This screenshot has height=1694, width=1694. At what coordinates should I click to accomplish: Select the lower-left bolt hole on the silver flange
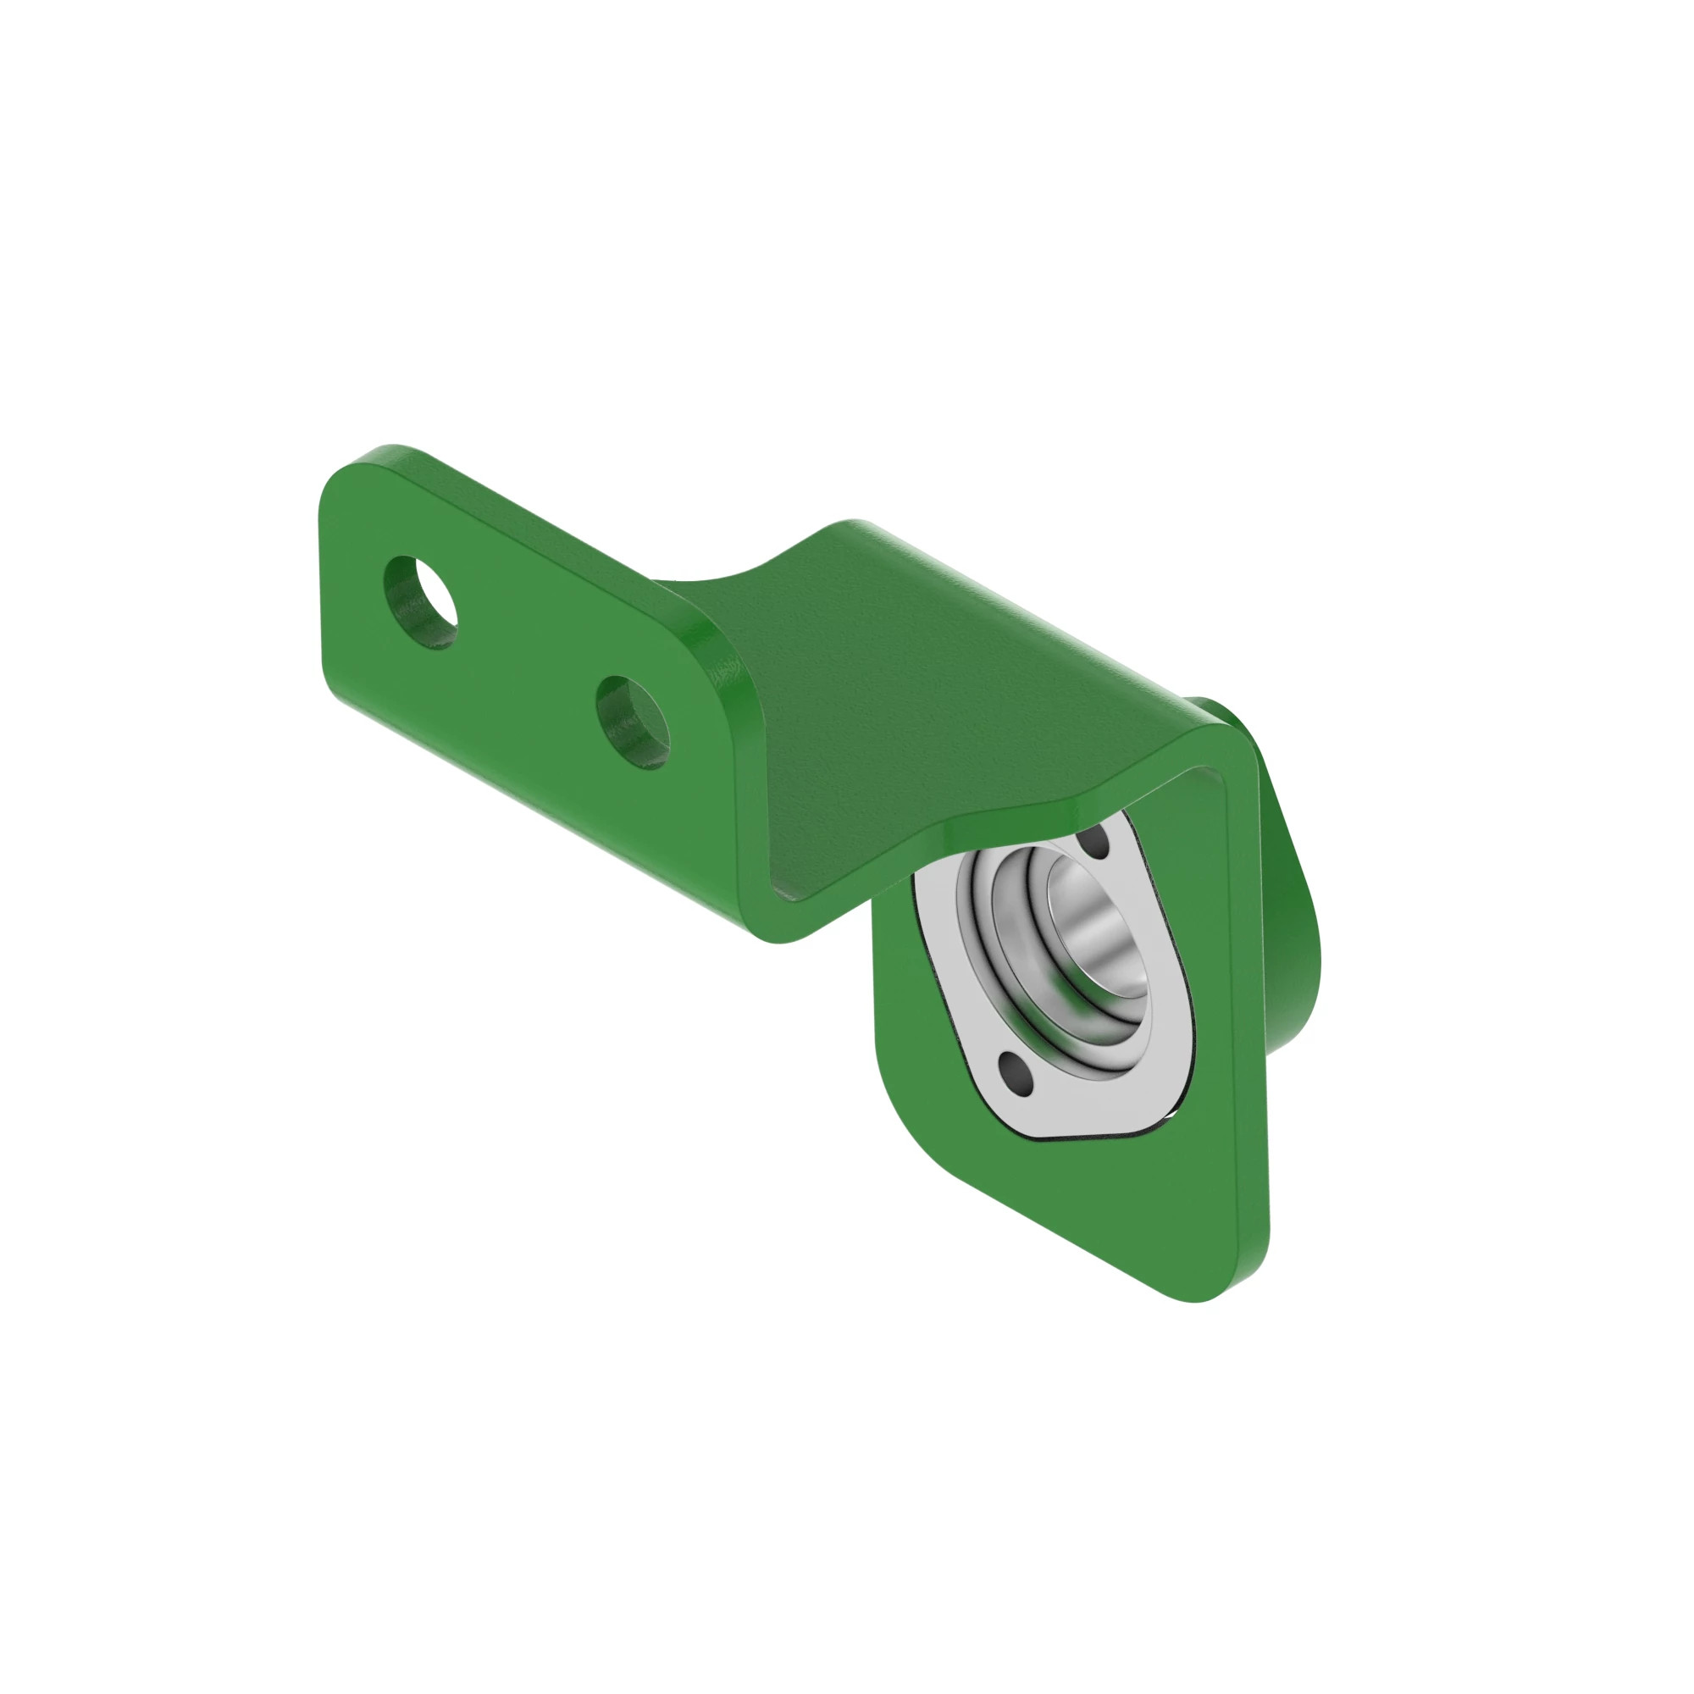(x=1014, y=1070)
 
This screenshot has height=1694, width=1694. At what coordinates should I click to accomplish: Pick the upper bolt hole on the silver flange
(x=1095, y=844)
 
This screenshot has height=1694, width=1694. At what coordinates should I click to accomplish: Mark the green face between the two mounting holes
(x=526, y=667)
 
